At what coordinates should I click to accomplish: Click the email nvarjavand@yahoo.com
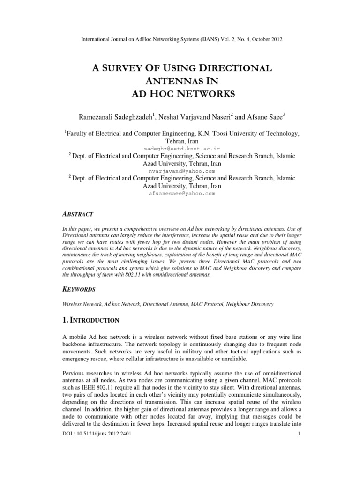tap(180, 172)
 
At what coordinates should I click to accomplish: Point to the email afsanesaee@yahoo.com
tap(180, 193)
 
